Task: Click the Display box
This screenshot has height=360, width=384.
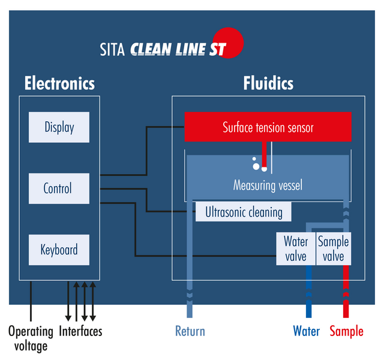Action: click(x=59, y=127)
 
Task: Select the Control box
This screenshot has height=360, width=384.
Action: click(x=59, y=188)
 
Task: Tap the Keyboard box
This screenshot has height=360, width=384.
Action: click(x=59, y=250)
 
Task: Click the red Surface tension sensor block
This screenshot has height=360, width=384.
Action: click(x=268, y=127)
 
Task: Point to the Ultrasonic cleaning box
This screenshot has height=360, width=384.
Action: click(x=244, y=212)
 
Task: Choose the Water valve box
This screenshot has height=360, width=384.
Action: click(x=296, y=248)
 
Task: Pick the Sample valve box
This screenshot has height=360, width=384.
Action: click(x=334, y=248)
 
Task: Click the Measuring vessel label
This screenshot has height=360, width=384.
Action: click(x=268, y=185)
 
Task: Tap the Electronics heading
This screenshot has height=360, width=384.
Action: click(x=59, y=83)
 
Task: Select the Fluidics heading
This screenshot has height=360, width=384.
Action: click(x=268, y=83)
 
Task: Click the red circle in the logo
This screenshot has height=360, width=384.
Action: click(x=228, y=43)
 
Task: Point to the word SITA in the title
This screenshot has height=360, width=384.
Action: click(x=112, y=49)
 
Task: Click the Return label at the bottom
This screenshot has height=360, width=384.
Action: click(x=190, y=331)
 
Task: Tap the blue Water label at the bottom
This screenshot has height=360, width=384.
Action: click(x=307, y=331)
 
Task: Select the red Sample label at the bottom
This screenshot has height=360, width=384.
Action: click(x=347, y=332)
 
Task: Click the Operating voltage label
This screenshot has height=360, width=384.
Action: click(x=31, y=338)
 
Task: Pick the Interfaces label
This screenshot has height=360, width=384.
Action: click(x=80, y=331)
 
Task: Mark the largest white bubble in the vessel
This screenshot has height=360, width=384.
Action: click(x=256, y=166)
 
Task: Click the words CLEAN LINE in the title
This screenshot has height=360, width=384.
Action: click(x=168, y=49)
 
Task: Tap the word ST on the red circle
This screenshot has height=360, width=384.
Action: click(x=217, y=49)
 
